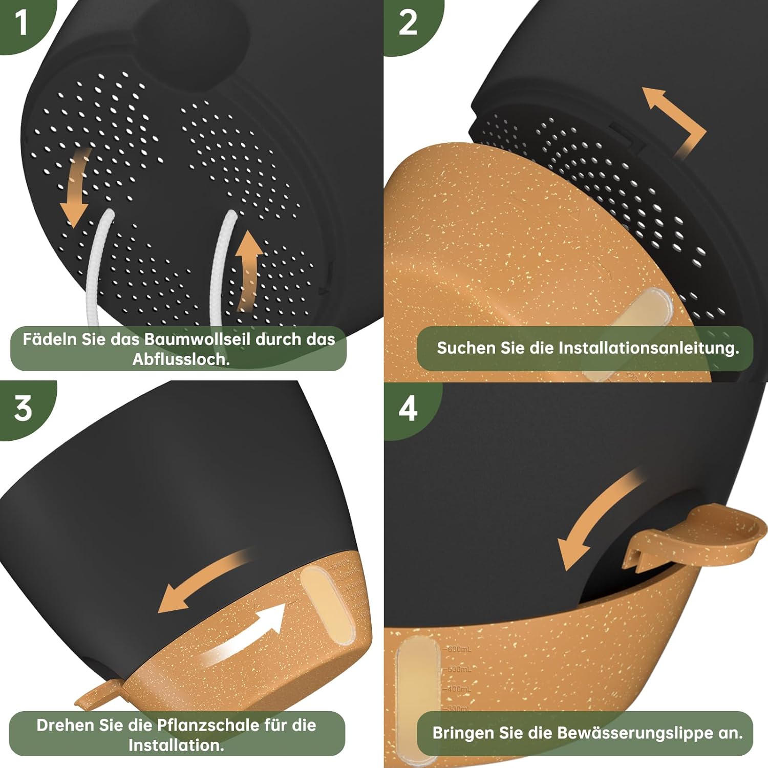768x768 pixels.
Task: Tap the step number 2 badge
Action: (x=408, y=23)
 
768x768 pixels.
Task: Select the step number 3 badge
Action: (x=23, y=409)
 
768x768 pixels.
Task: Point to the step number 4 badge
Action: (x=408, y=409)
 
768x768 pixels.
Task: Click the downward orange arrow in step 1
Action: (x=75, y=187)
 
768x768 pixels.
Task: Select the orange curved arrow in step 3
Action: (x=205, y=581)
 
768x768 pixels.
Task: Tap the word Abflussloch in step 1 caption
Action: (x=181, y=359)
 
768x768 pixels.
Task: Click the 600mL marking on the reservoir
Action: (x=458, y=649)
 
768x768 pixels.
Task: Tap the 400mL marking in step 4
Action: (x=458, y=689)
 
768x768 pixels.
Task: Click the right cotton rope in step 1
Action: (x=221, y=266)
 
